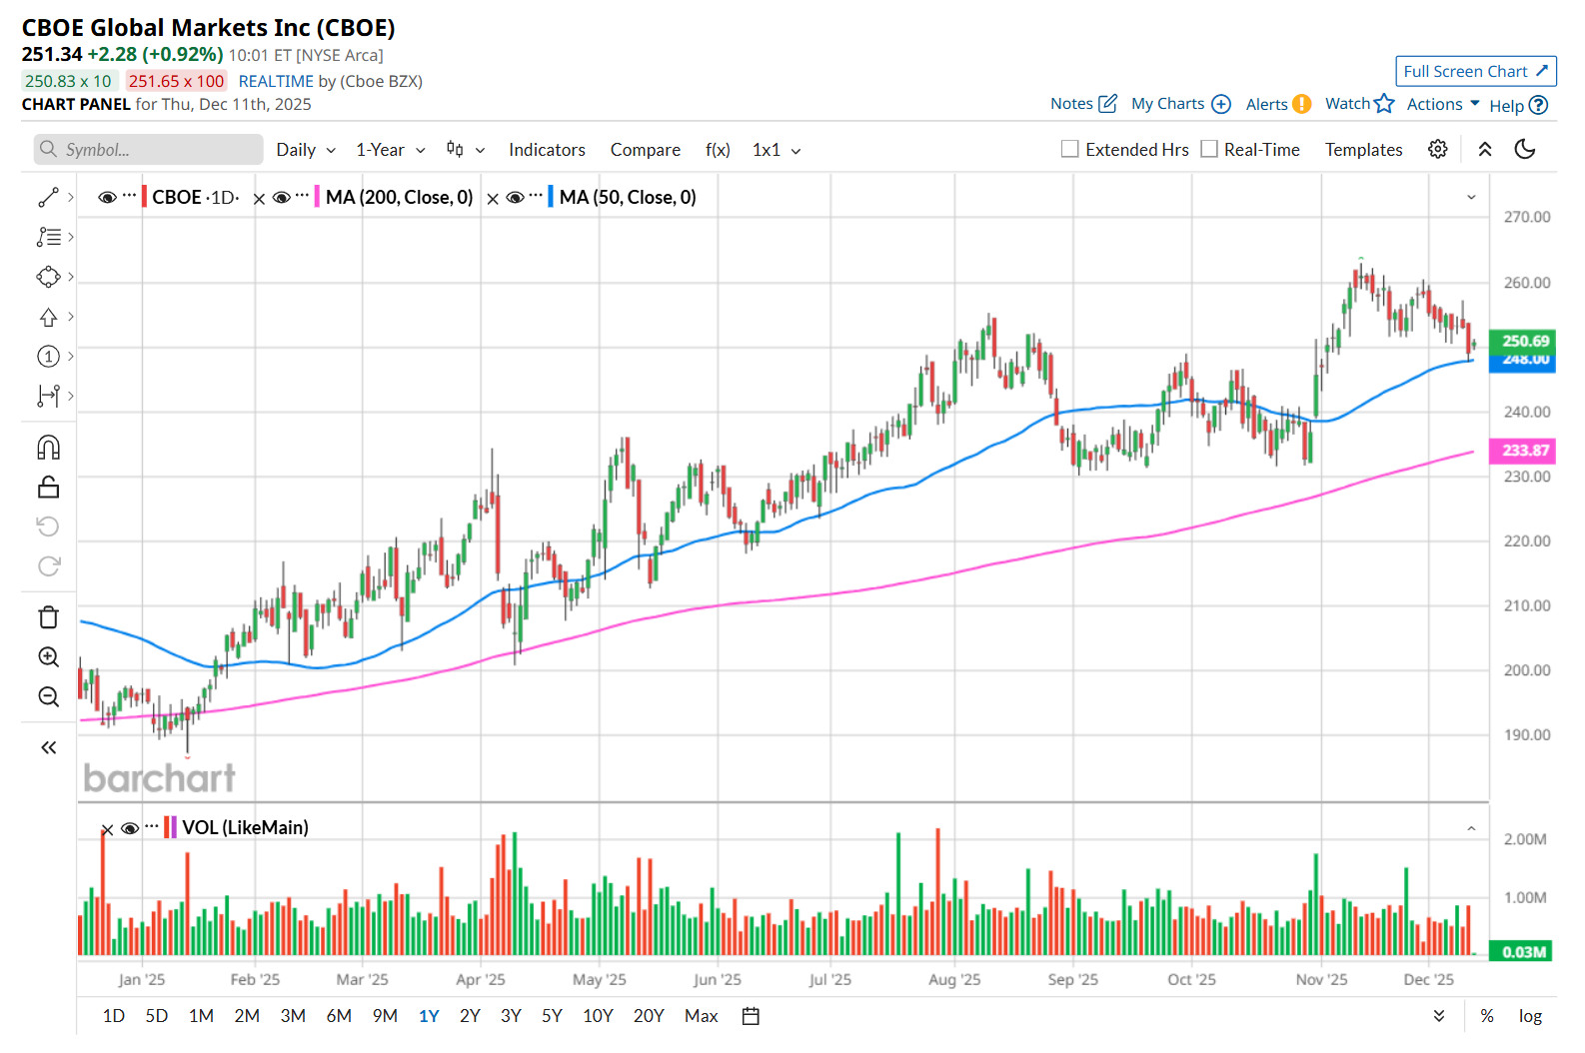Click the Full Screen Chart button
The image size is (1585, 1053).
[1475, 71]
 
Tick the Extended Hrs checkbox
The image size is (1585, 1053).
[1070, 149]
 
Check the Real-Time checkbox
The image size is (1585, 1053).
[1209, 149]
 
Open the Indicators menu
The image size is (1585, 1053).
[547, 150]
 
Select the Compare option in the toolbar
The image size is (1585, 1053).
[645, 150]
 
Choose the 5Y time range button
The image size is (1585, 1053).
[552, 1016]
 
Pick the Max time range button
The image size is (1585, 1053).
[701, 1016]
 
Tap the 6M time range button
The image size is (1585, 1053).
[339, 1016]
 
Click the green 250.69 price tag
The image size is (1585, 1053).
[1524, 341]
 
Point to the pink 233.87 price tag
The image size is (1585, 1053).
[1524, 451]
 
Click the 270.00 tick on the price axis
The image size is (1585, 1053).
[1526, 217]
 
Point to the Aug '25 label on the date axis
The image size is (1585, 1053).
[954, 980]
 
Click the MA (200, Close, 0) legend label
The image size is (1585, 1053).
[399, 198]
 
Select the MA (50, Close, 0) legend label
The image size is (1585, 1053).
[628, 198]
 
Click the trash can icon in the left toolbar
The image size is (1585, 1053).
[48, 617]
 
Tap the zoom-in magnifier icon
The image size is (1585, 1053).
[48, 657]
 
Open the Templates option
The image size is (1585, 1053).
[1363, 150]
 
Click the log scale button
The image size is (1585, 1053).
[1530, 1016]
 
